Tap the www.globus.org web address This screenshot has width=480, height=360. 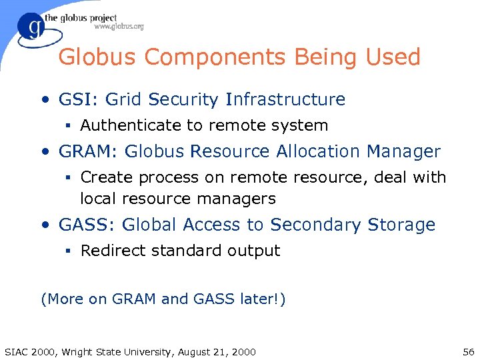tap(119, 27)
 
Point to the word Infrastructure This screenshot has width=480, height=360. tap(285, 100)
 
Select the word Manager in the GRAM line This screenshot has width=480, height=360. tap(403, 151)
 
